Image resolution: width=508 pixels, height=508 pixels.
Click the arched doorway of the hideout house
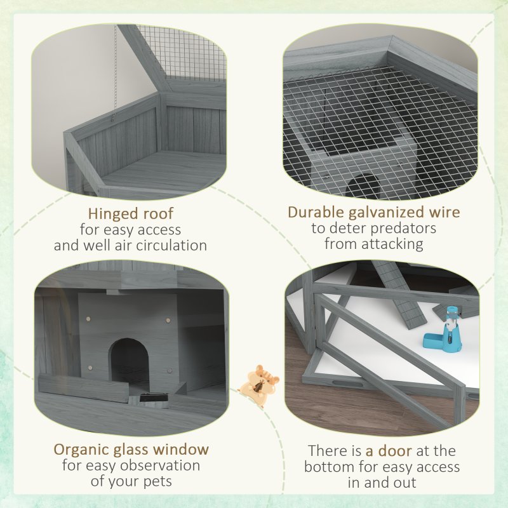(x=130, y=361)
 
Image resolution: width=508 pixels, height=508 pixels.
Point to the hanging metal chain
(x=115, y=70)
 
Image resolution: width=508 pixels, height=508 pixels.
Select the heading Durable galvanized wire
(x=373, y=212)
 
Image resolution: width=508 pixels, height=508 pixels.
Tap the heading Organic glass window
(x=131, y=450)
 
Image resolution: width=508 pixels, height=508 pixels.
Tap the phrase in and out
(x=381, y=483)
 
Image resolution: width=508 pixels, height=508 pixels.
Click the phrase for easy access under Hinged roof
(x=130, y=229)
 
